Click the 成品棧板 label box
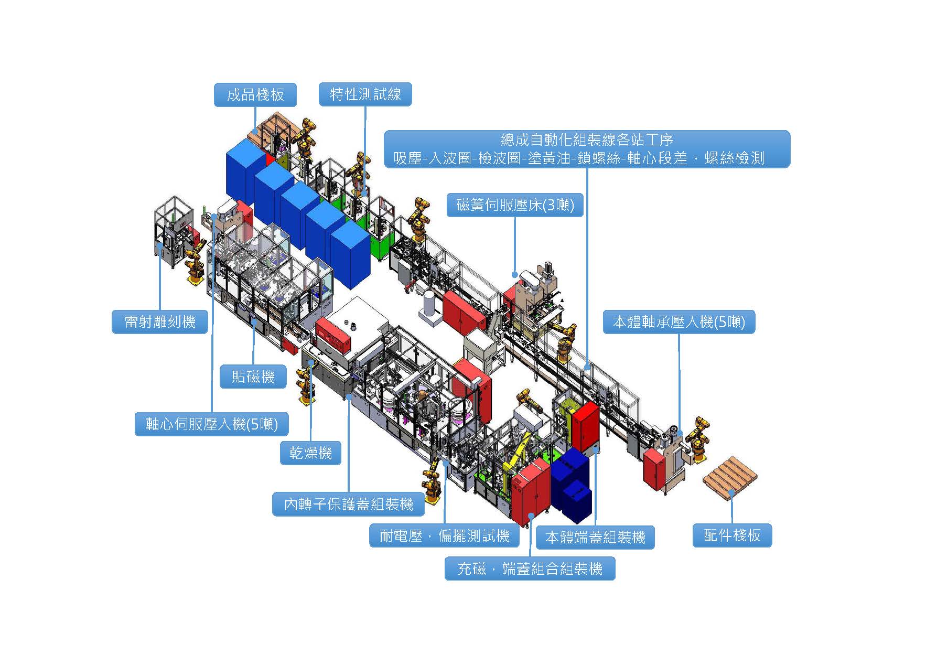(x=255, y=95)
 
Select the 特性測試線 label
(x=365, y=94)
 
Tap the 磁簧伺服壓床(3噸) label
(x=515, y=205)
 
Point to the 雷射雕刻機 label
(x=160, y=321)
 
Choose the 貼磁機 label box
(x=253, y=377)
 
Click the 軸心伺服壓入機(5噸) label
(x=212, y=424)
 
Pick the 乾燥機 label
(x=310, y=453)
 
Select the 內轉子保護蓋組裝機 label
(x=348, y=504)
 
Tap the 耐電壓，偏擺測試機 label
(x=444, y=535)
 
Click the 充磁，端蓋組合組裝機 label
(x=530, y=568)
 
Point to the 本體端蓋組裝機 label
(x=595, y=537)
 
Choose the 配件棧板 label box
(x=732, y=535)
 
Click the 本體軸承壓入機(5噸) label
(x=679, y=321)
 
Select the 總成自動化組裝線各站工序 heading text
(x=587, y=140)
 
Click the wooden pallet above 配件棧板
(x=729, y=477)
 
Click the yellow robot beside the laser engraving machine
(x=195, y=265)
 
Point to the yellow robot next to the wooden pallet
(x=699, y=438)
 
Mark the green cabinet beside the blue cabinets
(x=382, y=246)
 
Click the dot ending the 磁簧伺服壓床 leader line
(x=515, y=274)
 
